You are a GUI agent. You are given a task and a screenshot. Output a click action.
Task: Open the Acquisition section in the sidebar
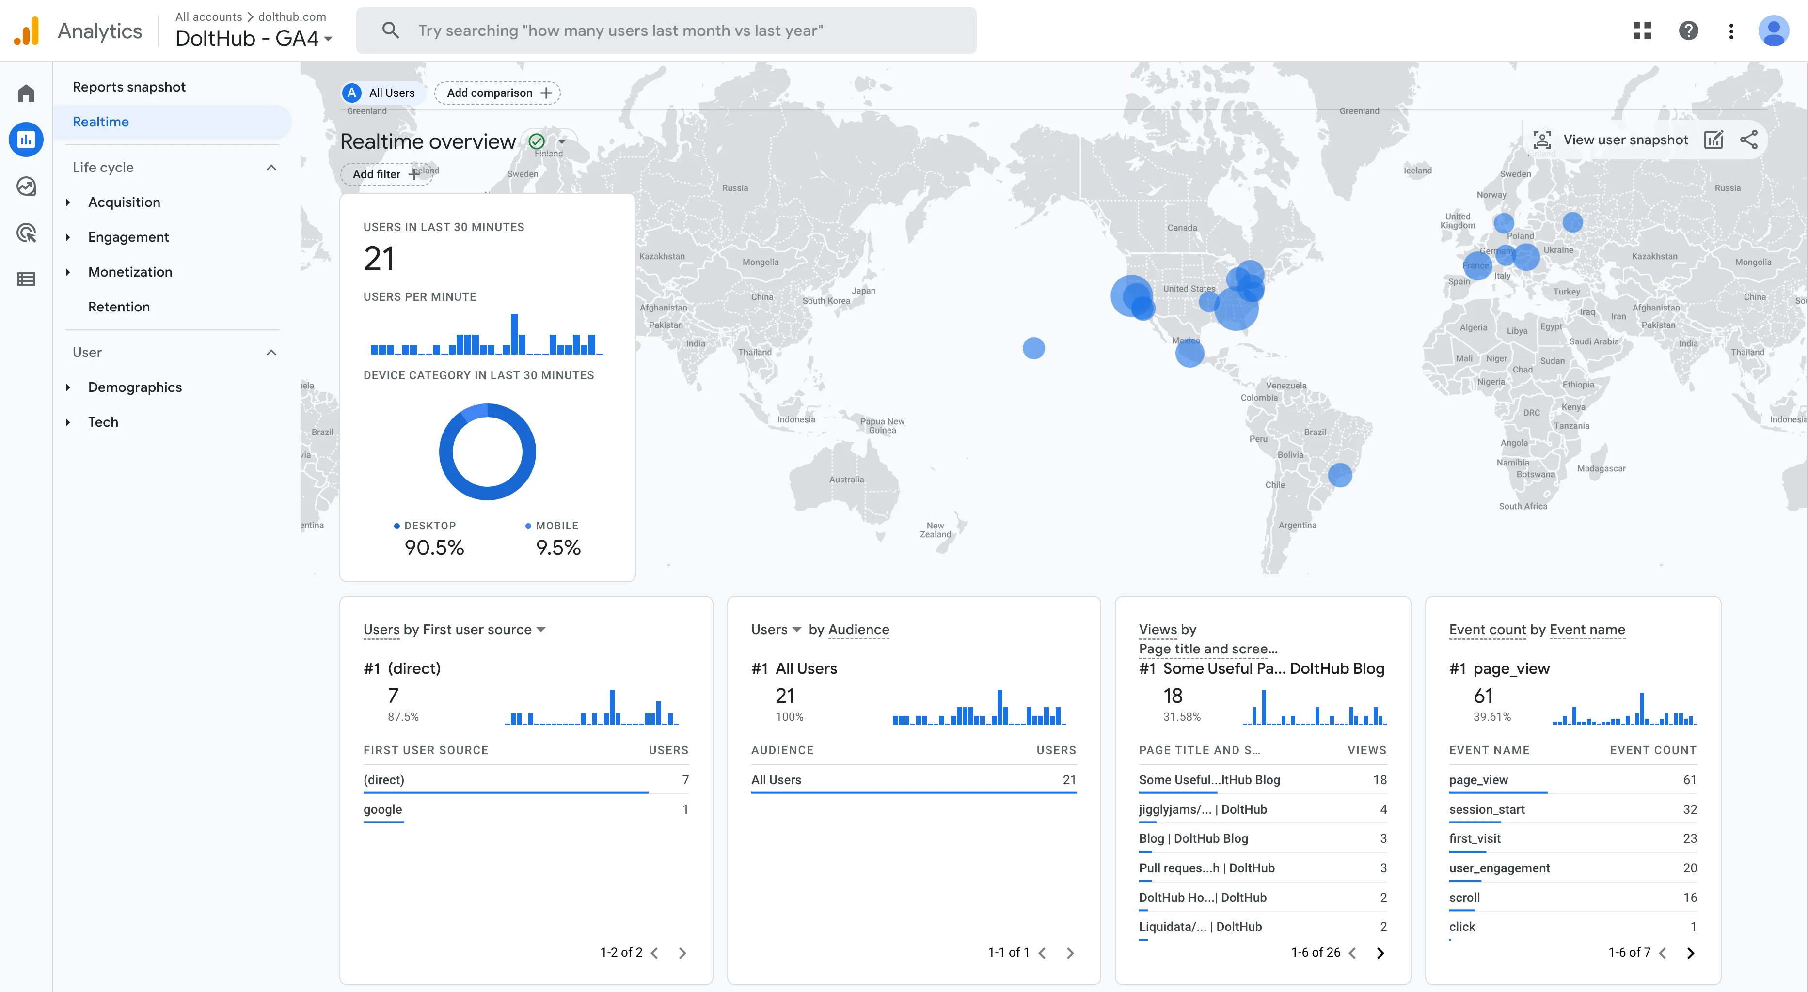point(124,202)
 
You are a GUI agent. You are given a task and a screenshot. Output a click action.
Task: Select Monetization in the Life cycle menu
point(130,272)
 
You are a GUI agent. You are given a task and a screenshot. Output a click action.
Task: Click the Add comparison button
point(497,93)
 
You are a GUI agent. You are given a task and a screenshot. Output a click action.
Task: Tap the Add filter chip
point(384,174)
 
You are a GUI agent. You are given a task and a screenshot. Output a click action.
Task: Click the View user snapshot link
point(1624,139)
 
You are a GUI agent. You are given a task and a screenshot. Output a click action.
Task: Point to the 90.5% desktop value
point(434,547)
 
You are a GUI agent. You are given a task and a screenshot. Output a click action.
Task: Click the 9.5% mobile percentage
point(558,547)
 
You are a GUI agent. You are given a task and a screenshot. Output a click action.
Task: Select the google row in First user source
point(382,809)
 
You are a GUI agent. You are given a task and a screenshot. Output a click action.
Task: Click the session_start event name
point(1487,809)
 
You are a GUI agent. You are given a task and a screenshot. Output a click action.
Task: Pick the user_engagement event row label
point(1499,868)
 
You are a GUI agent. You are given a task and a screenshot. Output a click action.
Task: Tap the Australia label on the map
point(846,480)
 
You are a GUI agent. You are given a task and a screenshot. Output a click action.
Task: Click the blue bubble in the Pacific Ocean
point(1033,348)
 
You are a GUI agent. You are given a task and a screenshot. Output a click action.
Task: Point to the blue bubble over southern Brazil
point(1340,475)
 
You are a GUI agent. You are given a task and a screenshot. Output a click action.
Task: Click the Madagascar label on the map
point(1601,469)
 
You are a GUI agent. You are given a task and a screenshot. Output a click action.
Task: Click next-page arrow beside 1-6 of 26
point(1380,953)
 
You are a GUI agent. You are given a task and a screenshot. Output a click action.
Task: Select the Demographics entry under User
point(135,387)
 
